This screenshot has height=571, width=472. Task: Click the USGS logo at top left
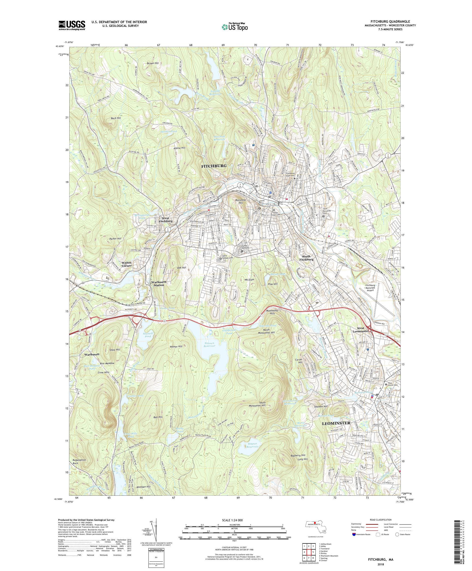pos(72,26)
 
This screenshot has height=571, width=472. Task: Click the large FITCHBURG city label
pos(213,166)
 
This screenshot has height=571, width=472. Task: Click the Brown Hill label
pos(153,63)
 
